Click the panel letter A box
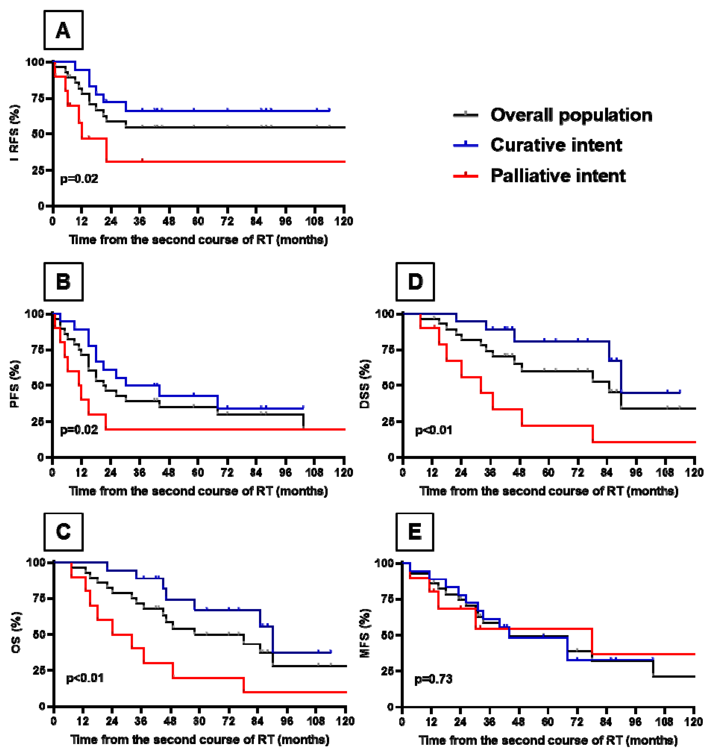tap(63, 30)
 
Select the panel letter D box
tap(415, 282)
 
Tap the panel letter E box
tap(415, 532)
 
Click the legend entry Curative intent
tap(556, 145)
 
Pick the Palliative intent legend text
tap(558, 176)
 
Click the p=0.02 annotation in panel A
tap(79, 179)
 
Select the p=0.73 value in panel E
tap(433, 679)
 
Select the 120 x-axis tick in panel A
tap(344, 221)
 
